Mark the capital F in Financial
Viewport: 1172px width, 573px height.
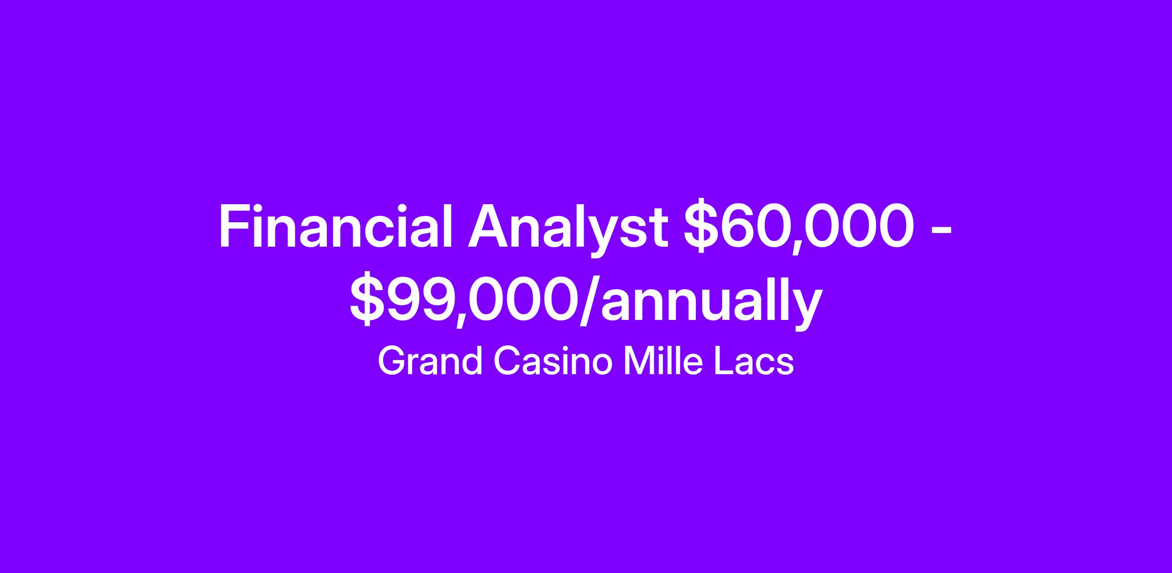(x=234, y=227)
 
